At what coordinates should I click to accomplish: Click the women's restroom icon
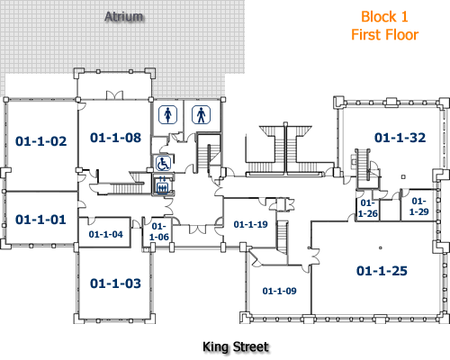tap(166, 114)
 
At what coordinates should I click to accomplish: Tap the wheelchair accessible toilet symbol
tap(163, 164)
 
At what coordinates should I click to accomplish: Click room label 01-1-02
tap(41, 140)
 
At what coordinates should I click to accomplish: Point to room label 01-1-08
tap(115, 138)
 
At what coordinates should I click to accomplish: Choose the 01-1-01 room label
tap(41, 219)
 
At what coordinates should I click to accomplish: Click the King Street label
tap(236, 346)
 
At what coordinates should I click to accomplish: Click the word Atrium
tap(125, 17)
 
